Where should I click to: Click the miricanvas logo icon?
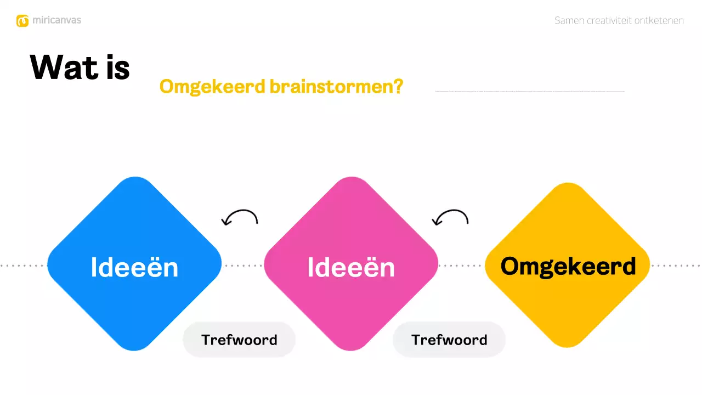click(x=22, y=21)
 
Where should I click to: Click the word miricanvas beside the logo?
click(x=56, y=20)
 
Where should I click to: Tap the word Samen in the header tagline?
click(x=569, y=21)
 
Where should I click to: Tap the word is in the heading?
click(x=115, y=67)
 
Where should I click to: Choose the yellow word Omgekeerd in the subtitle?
click(x=212, y=87)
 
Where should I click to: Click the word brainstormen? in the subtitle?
click(x=336, y=87)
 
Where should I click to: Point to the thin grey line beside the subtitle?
click(x=529, y=91)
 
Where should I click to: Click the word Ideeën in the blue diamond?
click(x=134, y=267)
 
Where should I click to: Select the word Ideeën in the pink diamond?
click(x=351, y=267)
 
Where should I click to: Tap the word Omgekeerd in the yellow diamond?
click(x=568, y=266)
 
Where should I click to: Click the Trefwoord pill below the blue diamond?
click(x=239, y=340)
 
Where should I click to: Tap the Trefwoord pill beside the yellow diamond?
click(x=449, y=340)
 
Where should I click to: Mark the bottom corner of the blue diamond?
click(x=134, y=349)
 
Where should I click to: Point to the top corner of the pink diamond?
click(x=351, y=178)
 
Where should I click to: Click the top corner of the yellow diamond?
click(x=568, y=184)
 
